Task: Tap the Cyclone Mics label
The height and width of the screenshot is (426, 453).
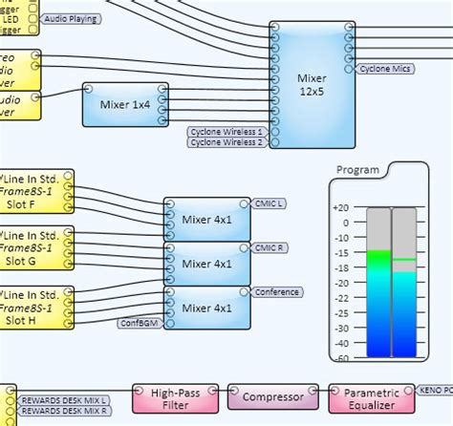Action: pos(387,69)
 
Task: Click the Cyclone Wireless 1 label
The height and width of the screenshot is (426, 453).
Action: pos(226,131)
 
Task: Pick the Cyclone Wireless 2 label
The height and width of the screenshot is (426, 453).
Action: pos(226,143)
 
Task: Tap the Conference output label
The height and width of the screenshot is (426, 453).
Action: pos(277,292)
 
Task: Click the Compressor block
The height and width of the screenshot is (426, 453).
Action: pos(272,396)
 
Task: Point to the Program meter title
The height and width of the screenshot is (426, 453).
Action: pos(357,171)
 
